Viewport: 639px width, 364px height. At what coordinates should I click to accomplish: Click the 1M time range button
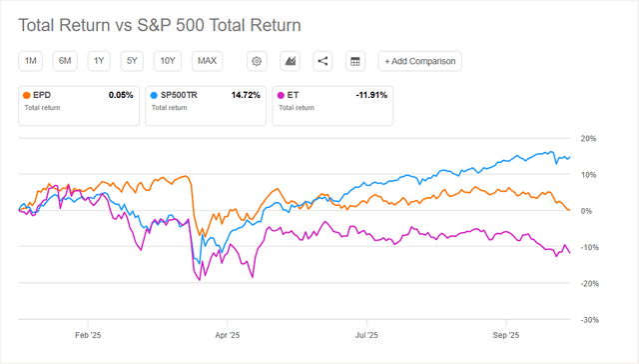[31, 61]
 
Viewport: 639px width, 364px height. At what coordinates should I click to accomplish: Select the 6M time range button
[65, 61]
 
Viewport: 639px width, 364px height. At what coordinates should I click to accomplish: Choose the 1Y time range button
[99, 61]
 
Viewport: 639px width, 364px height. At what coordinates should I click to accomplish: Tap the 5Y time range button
[132, 61]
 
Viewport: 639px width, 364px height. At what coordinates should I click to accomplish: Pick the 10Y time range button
[168, 61]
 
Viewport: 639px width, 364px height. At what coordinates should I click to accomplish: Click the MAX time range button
[208, 61]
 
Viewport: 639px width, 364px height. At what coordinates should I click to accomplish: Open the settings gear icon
[257, 61]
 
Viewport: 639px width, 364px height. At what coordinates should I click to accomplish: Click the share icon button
[321, 61]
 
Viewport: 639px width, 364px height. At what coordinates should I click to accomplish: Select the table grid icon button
[353, 61]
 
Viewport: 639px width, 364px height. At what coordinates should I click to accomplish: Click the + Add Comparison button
[419, 61]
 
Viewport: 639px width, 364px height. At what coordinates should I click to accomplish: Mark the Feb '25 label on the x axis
[89, 336]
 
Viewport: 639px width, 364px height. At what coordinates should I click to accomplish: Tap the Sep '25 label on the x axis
[507, 336]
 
